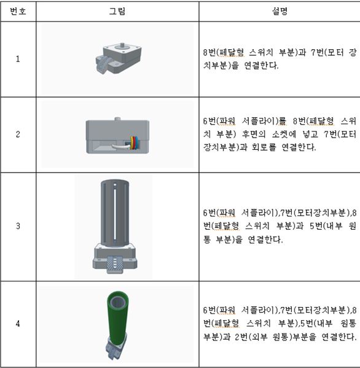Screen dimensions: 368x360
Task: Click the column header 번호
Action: click(x=18, y=12)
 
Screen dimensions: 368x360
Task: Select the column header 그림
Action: click(x=117, y=12)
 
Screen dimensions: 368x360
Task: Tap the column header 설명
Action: click(x=280, y=12)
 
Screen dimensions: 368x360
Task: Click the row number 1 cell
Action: click(x=18, y=59)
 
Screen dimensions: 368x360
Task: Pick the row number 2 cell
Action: click(x=18, y=135)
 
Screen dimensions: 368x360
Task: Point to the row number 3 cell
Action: click(x=18, y=226)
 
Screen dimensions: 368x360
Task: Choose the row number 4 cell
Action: click(x=18, y=324)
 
